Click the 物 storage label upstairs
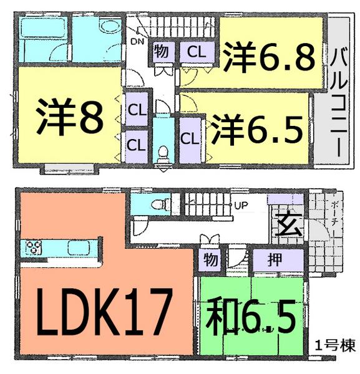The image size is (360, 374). pos(160,52)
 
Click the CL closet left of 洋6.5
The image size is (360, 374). pos(188,138)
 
